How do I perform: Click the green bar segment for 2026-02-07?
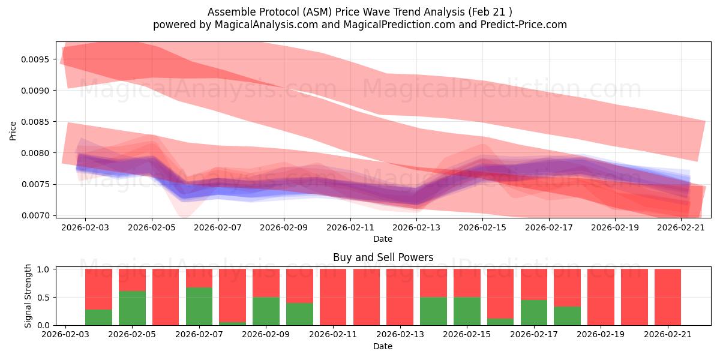(x=199, y=306)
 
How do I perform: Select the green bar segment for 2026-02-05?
(x=132, y=308)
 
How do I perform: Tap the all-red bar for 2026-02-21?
(x=668, y=297)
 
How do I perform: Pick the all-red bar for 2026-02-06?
(x=166, y=297)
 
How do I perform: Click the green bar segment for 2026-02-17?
(x=534, y=313)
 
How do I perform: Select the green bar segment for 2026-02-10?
(x=299, y=314)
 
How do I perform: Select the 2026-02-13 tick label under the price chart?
(x=416, y=227)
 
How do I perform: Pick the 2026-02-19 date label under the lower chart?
(x=601, y=334)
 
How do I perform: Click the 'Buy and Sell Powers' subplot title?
(x=383, y=257)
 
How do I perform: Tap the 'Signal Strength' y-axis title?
(x=28, y=296)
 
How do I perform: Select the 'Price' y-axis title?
(x=13, y=131)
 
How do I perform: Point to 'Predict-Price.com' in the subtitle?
(x=524, y=25)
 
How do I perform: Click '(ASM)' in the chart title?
(x=317, y=12)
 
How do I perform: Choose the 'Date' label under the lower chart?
(x=383, y=346)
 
